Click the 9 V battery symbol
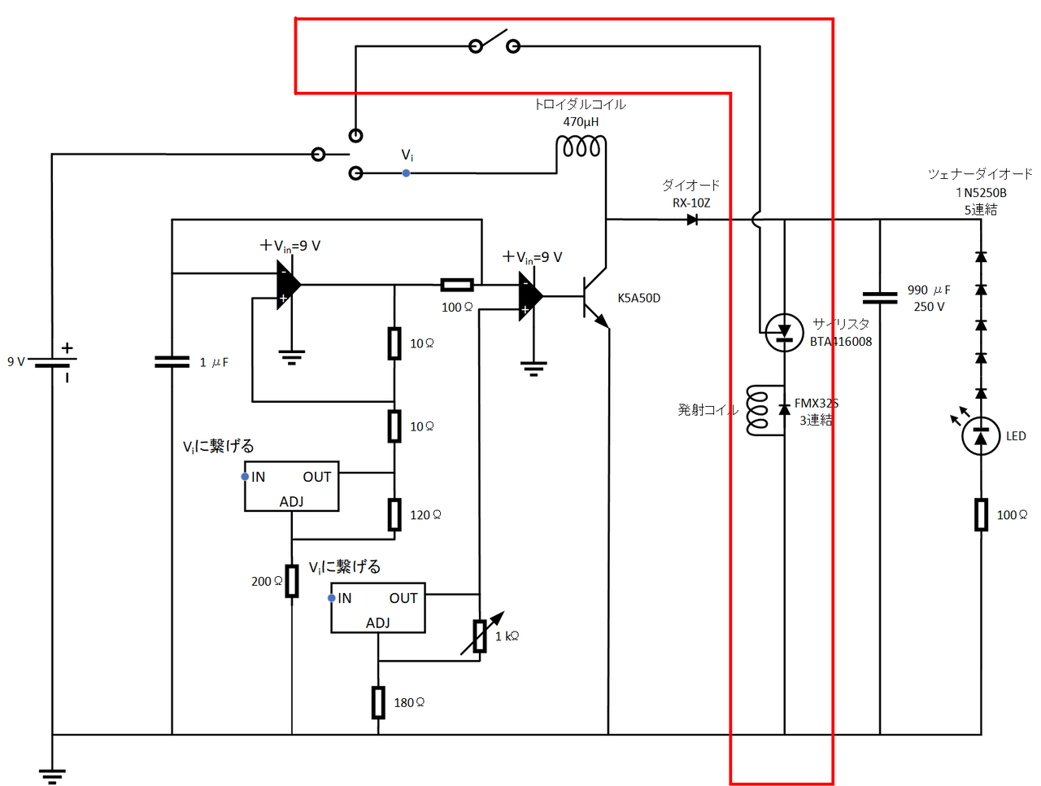(53, 361)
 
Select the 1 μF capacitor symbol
(172, 361)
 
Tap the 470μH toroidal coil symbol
(581, 147)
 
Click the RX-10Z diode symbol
(692, 220)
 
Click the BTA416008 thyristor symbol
(784, 332)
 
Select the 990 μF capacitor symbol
(880, 298)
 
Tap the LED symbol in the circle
(981, 437)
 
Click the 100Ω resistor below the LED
(981, 514)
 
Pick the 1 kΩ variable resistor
(481, 635)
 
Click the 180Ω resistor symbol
(378, 702)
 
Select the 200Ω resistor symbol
(291, 581)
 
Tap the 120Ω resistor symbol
(394, 514)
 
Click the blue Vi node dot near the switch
(406, 173)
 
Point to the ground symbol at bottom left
(53, 775)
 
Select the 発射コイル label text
(707, 410)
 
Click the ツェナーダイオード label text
(980, 174)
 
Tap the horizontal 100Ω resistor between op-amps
(457, 285)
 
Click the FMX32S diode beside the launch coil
(784, 409)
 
